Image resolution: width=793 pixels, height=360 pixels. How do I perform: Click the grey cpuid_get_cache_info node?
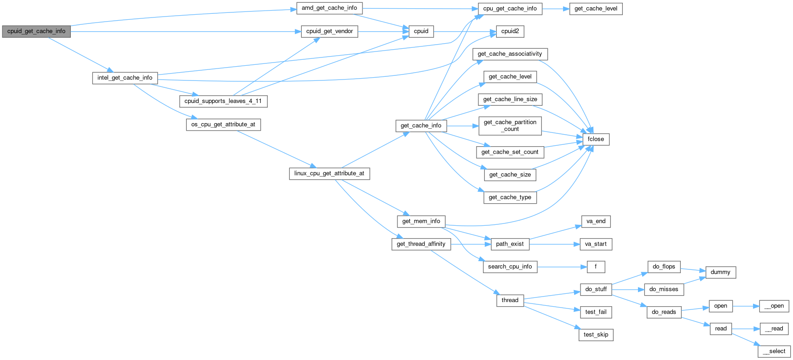click(x=36, y=31)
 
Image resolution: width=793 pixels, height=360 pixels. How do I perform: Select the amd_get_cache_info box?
click(x=329, y=8)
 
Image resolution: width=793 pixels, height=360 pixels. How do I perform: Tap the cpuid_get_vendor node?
click(x=329, y=31)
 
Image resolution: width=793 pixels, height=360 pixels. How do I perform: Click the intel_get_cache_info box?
click(x=125, y=78)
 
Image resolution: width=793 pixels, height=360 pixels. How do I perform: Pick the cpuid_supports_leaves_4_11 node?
click(x=223, y=101)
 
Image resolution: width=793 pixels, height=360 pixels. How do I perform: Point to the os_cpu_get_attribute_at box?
click(x=223, y=125)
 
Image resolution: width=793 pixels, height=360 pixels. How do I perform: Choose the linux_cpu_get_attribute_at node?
click(x=329, y=173)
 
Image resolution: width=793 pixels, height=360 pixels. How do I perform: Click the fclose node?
click(x=596, y=139)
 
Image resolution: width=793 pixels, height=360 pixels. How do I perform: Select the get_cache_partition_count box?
click(x=510, y=126)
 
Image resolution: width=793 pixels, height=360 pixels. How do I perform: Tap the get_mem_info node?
click(x=421, y=221)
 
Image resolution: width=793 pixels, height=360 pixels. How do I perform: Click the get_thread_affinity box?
click(x=421, y=244)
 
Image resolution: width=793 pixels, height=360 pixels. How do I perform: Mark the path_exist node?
click(x=510, y=244)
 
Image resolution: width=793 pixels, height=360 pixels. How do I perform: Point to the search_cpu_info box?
click(x=510, y=267)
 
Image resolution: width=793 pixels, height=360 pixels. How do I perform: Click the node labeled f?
click(x=596, y=267)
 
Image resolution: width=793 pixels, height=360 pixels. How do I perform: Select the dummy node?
click(x=720, y=272)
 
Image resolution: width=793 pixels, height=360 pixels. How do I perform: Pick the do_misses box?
click(x=664, y=289)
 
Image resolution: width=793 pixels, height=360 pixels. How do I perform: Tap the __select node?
click(x=774, y=351)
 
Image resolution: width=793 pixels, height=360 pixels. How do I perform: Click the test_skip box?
click(x=596, y=335)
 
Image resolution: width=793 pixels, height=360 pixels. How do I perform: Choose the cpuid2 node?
click(x=510, y=31)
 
